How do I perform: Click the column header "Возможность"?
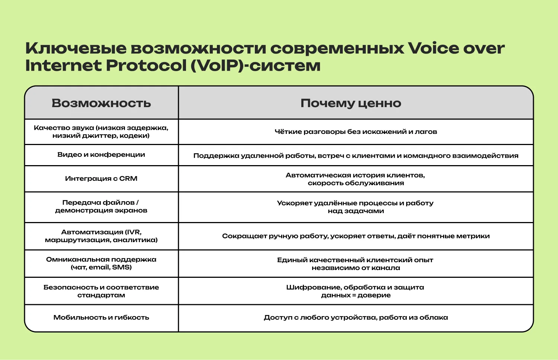pos(101,103)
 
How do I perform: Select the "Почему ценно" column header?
pos(351,103)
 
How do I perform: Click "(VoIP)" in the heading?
pos(218,65)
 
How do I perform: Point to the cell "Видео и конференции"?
pos(101,155)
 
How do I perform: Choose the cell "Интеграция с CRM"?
pos(101,179)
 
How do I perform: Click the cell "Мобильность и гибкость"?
pos(101,318)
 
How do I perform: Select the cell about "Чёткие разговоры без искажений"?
pos(356,132)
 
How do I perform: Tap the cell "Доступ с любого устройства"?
pos(356,318)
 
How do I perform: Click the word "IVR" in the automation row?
pos(133,232)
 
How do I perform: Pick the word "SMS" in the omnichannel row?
pos(122,267)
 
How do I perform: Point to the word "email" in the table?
pos(99,267)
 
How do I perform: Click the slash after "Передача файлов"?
pos(138,203)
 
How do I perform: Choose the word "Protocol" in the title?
pos(146,65)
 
